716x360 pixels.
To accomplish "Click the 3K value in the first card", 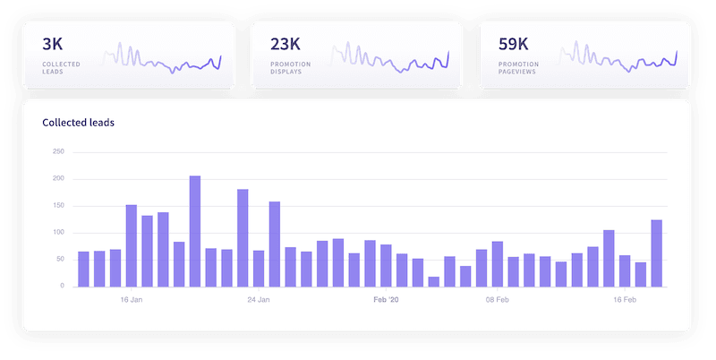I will click(53, 42).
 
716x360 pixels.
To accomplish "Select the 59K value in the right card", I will click(513, 42).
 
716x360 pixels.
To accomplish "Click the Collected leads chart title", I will click(79, 122).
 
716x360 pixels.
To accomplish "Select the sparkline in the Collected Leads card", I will click(162, 59).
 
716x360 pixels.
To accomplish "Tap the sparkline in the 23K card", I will click(391, 59).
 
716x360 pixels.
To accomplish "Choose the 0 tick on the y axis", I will click(62, 287).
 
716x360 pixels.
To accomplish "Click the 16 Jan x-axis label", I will click(132, 300).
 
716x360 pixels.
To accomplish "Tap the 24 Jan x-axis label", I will click(259, 300).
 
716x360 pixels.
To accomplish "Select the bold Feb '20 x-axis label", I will click(387, 300).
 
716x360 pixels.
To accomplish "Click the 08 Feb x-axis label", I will click(498, 300).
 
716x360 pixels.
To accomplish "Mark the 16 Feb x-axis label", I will click(625, 300).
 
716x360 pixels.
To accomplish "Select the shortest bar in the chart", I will click(434, 282).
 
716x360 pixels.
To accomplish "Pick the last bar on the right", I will click(657, 253).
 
